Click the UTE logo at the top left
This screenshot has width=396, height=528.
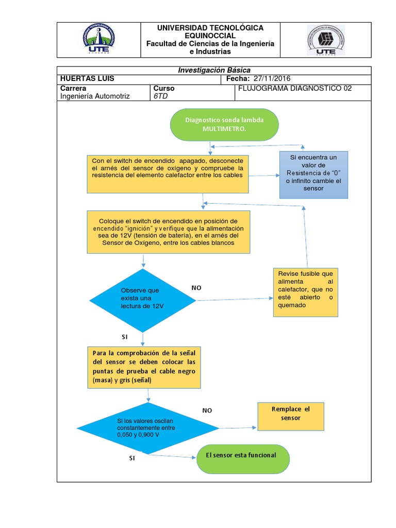pyautogui.click(x=98, y=40)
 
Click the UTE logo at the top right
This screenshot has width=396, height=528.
pyautogui.click(x=325, y=40)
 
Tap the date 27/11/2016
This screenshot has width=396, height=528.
pyautogui.click(x=272, y=78)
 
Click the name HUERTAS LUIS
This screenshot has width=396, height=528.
pyautogui.click(x=87, y=78)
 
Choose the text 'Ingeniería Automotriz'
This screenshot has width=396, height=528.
pyautogui.click(x=95, y=96)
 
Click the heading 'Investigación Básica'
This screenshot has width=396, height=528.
pyautogui.click(x=213, y=70)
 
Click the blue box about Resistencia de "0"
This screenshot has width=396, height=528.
pyautogui.click(x=313, y=175)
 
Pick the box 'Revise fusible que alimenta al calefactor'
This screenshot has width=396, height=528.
pyautogui.click(x=306, y=293)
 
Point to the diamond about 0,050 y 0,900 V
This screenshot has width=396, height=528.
pyautogui.click(x=148, y=428)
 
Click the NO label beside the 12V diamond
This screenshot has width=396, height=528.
pyautogui.click(x=196, y=288)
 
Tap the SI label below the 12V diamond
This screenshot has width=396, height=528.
pyautogui.click(x=124, y=337)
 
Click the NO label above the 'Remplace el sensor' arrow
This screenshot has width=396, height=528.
pyautogui.click(x=207, y=410)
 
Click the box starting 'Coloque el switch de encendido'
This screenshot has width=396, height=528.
pyautogui.click(x=168, y=232)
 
